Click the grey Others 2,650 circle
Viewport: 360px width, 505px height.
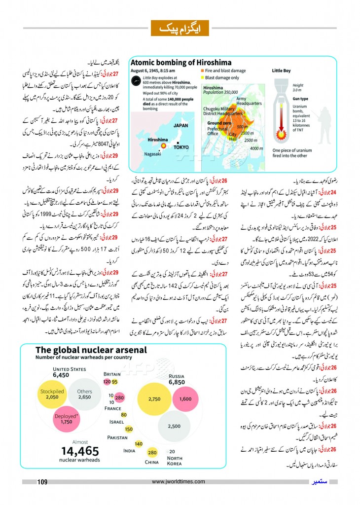84,394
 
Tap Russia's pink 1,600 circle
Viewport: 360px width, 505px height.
185,398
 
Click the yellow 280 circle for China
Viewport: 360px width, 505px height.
152,453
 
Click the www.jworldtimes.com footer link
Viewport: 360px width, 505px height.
179,482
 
